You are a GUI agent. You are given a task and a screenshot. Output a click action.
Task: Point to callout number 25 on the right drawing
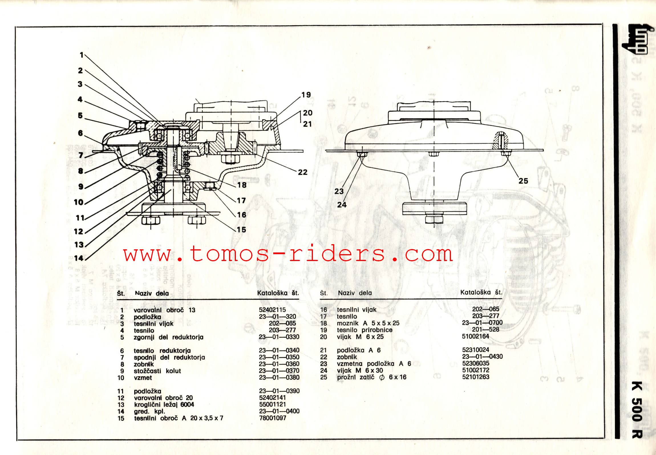523,181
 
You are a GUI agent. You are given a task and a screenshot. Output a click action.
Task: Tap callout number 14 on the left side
79,258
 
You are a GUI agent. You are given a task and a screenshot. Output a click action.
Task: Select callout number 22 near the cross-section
303,172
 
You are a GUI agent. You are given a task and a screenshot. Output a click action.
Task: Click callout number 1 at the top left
82,55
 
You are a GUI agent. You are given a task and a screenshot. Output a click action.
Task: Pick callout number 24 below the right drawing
342,205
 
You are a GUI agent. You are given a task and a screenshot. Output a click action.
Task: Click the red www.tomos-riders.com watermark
288,254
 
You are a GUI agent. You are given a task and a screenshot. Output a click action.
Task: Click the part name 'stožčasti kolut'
157,371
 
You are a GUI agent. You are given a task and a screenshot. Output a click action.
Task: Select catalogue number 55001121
272,405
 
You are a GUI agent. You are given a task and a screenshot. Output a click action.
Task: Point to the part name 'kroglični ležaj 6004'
164,405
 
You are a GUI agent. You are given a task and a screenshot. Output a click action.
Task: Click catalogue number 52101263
476,377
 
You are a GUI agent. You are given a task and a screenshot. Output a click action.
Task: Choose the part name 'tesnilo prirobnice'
365,330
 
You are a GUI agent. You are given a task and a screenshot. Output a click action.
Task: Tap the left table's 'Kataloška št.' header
278,293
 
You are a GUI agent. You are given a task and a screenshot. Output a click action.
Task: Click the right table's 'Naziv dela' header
355,293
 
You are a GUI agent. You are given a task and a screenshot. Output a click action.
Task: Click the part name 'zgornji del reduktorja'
169,337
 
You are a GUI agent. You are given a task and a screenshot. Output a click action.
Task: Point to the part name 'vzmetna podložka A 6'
374,364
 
